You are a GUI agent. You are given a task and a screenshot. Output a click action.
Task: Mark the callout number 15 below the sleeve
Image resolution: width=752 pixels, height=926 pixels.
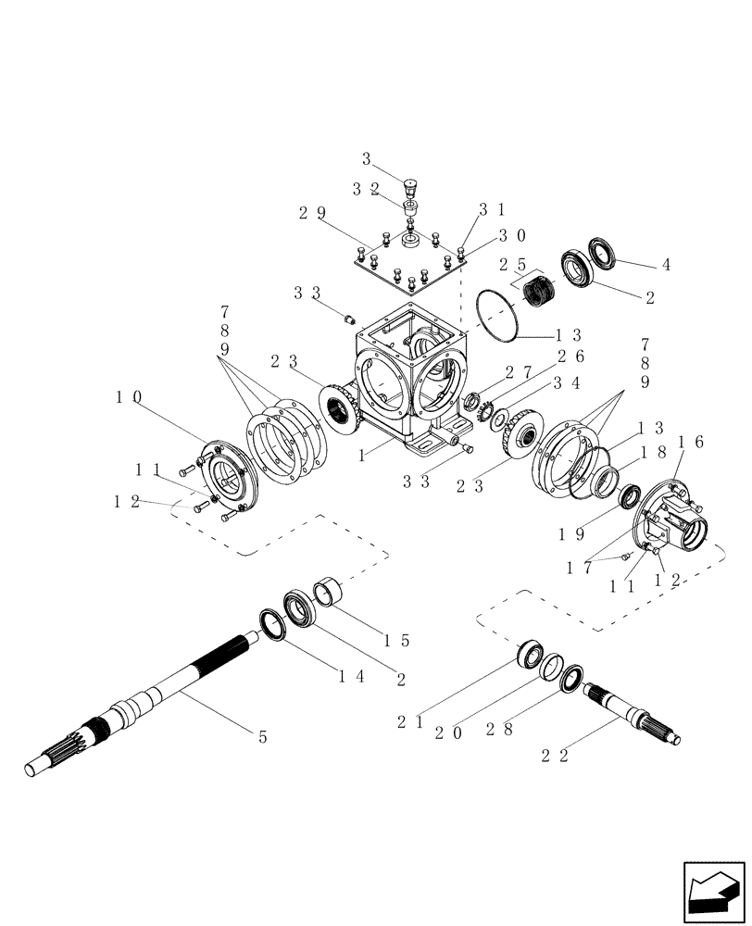[x=397, y=640]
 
